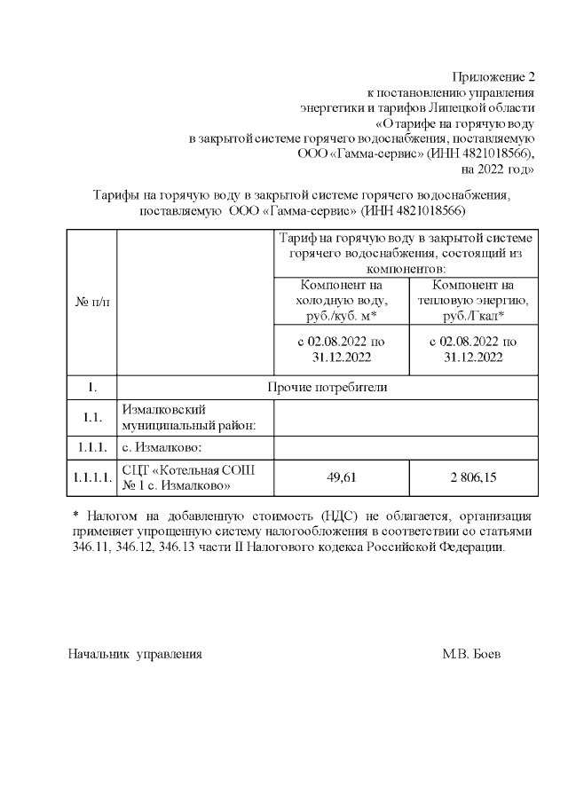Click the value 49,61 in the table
(342, 477)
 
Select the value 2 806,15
(473, 477)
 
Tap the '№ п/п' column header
(91, 302)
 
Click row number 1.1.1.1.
(91, 477)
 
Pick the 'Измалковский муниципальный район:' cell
(188, 416)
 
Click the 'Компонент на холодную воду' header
(341, 301)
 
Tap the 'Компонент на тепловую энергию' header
(473, 301)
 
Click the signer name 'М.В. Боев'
(471, 654)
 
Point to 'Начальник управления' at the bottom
(136, 654)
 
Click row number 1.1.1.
(91, 446)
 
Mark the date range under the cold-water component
(341, 349)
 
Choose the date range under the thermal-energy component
(473, 349)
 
